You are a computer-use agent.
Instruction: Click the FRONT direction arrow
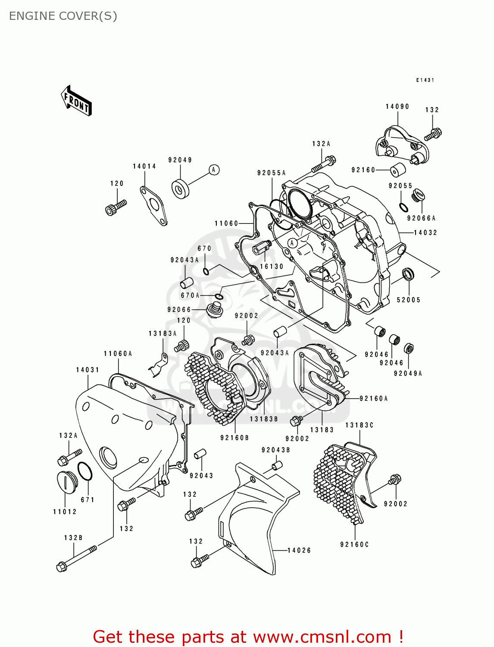(x=77, y=101)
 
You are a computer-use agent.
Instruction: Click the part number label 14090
(x=397, y=107)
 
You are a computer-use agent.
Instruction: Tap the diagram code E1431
(x=425, y=80)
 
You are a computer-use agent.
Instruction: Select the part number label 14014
(x=144, y=166)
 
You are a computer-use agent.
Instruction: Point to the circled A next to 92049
(x=214, y=170)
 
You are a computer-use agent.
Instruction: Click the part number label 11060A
(x=118, y=354)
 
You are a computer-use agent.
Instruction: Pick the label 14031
(x=88, y=370)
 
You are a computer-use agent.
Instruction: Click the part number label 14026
(x=299, y=550)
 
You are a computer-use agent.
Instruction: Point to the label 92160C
(x=354, y=545)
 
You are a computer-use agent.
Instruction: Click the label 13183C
(x=359, y=425)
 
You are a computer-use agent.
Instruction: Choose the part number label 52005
(x=408, y=300)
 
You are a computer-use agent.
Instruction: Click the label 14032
(x=425, y=233)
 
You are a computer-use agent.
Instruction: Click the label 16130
(x=272, y=267)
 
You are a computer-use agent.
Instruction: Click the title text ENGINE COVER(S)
(x=63, y=16)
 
